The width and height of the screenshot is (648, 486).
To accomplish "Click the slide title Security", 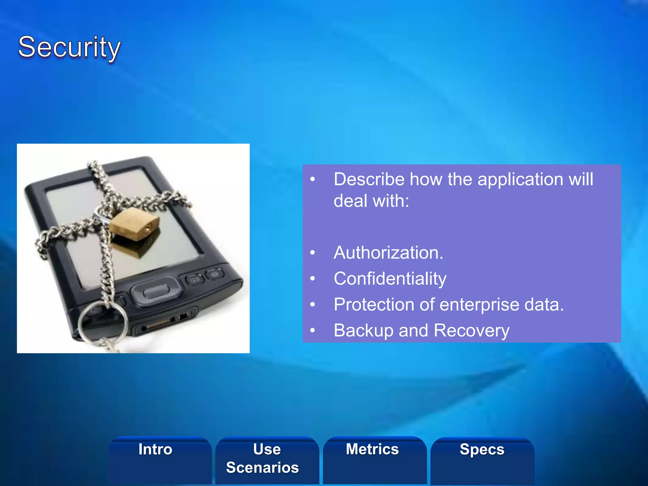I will (x=69, y=47).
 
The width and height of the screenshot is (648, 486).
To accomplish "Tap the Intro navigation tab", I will (x=155, y=449).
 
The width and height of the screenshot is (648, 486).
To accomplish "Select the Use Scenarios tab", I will (x=263, y=458).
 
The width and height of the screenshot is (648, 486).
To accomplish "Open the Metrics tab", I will (x=372, y=449).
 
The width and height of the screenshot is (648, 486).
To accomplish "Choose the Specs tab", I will (x=482, y=449).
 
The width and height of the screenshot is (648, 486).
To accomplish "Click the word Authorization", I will (x=388, y=253).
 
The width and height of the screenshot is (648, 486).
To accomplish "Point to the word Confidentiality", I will (x=390, y=279).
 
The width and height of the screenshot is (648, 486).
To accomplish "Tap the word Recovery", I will (x=471, y=331).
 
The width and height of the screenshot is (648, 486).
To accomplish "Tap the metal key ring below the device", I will (x=103, y=323).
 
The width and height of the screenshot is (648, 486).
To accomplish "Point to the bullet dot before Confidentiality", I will (x=313, y=279).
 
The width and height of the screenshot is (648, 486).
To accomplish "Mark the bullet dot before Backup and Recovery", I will (x=313, y=331).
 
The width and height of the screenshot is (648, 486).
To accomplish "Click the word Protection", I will (x=374, y=305).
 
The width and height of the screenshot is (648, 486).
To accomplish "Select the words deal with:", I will (x=371, y=201).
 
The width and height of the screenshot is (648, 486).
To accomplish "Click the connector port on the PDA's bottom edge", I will (x=158, y=323).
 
